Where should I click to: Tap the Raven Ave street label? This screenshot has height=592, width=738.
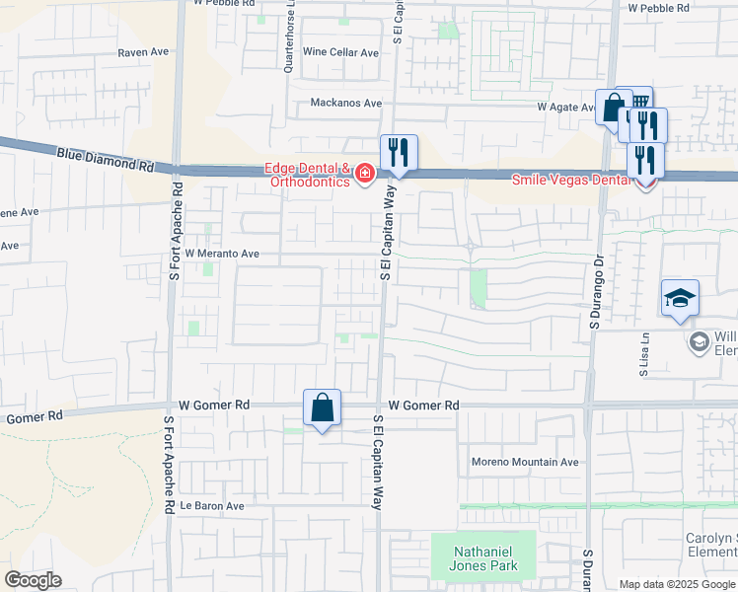pyautogui.click(x=143, y=52)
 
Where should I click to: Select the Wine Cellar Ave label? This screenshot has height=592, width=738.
pyautogui.click(x=340, y=52)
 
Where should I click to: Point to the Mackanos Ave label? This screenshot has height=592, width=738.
pyautogui.click(x=345, y=103)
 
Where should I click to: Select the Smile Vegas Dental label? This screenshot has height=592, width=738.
pyautogui.click(x=570, y=180)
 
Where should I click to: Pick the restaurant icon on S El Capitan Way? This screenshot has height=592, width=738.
pyautogui.click(x=399, y=152)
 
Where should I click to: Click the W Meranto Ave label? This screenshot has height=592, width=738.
pyautogui.click(x=221, y=254)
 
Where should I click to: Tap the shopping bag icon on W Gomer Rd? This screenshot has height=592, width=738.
pyautogui.click(x=323, y=407)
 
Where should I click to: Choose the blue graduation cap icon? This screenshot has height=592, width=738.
pyautogui.click(x=680, y=297)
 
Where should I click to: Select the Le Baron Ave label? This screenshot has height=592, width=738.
pyautogui.click(x=211, y=506)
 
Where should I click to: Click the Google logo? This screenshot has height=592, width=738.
pyautogui.click(x=33, y=580)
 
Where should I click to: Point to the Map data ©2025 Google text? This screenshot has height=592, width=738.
pyautogui.click(x=677, y=584)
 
